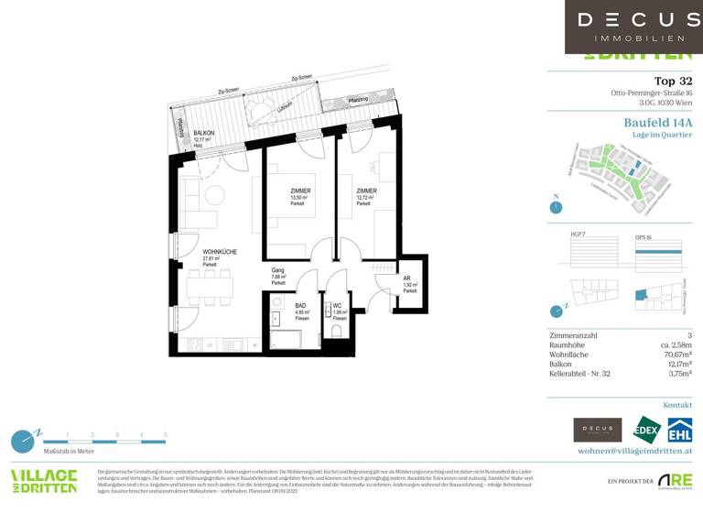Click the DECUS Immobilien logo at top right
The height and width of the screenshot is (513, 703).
[x=633, y=27]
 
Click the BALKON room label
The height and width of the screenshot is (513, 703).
[x=203, y=134]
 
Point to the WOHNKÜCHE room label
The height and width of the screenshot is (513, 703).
[x=221, y=252]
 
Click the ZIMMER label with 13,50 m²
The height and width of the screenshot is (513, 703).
[x=300, y=191]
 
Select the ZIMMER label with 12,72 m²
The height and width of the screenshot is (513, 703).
[x=366, y=191]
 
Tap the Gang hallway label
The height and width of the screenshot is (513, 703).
[x=278, y=271]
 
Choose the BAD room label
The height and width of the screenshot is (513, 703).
[x=301, y=306]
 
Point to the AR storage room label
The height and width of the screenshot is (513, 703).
[x=407, y=278]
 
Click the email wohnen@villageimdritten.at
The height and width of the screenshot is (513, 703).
[x=634, y=451]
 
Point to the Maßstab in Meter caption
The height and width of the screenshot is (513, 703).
[x=68, y=451]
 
